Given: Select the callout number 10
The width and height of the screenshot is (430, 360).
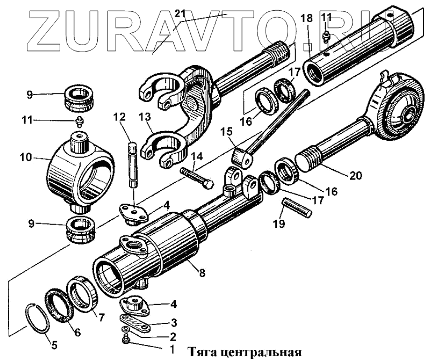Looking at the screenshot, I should [25, 159].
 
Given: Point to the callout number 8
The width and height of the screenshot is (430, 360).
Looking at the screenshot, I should [202, 272].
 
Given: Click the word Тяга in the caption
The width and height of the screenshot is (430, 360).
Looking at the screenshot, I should [203, 353].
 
